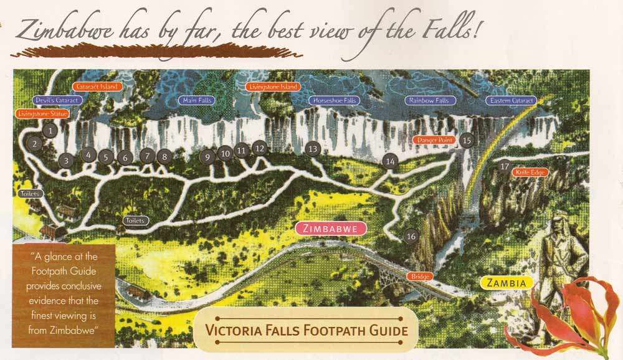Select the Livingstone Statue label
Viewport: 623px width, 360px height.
click(x=41, y=114)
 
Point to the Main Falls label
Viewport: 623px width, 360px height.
click(x=196, y=100)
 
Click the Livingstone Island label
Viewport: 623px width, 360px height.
click(x=271, y=87)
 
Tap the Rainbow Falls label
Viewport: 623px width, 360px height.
click(x=430, y=100)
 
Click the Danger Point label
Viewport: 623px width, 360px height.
click(x=435, y=140)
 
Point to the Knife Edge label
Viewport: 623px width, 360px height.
click(x=530, y=172)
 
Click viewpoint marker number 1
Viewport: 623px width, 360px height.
click(x=50, y=130)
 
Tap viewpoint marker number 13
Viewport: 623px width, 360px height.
click(x=313, y=148)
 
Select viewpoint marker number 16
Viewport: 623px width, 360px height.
click(x=411, y=236)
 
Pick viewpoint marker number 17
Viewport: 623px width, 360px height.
click(x=505, y=166)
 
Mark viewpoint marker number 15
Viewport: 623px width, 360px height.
click(x=467, y=140)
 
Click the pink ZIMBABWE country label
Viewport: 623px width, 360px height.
click(x=330, y=229)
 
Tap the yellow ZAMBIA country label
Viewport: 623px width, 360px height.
click(x=506, y=283)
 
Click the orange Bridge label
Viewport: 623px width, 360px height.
click(x=420, y=276)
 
